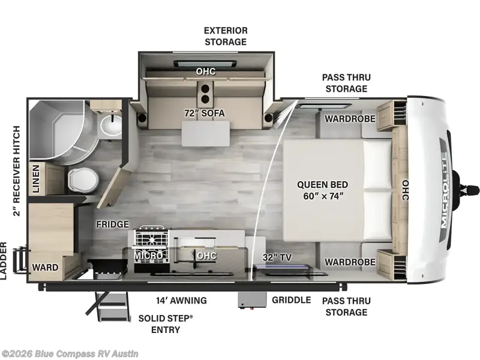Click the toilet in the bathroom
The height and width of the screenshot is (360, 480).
pos(79,179)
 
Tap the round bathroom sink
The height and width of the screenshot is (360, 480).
pos(111,126)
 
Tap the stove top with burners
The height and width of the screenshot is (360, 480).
pos(151,236)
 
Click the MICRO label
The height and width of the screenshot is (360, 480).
pos(147,255)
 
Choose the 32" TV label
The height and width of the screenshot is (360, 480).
pos(277,257)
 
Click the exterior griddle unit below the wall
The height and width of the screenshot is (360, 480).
pos(251,300)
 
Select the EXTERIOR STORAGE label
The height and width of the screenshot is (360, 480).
pos(225,36)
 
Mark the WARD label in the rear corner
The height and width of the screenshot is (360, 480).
pos(46,266)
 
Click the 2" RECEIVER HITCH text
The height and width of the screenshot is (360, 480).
pos(17,171)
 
